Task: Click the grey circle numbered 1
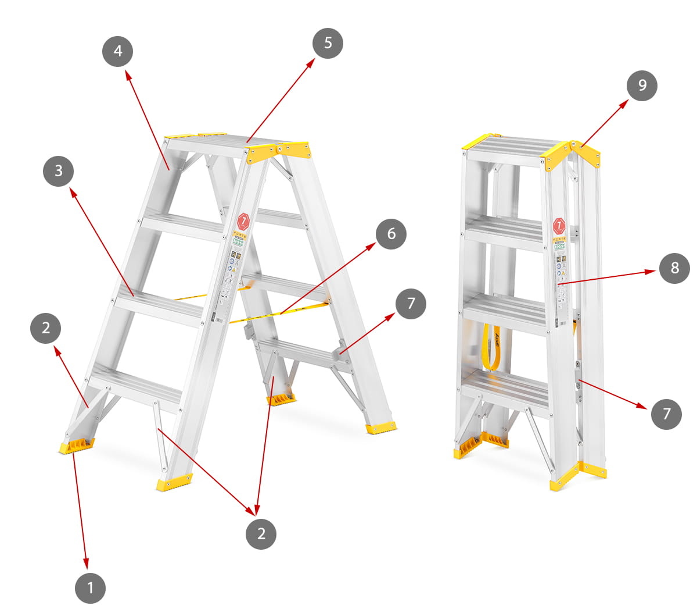[x=90, y=588]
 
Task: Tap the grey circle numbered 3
[x=58, y=171]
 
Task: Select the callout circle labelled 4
[x=118, y=51]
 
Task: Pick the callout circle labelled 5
[x=328, y=43]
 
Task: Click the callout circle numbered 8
[x=674, y=268]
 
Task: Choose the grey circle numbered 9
[x=642, y=86]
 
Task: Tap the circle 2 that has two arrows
[x=261, y=533]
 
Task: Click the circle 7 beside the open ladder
[x=411, y=304]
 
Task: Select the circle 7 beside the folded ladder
[x=666, y=414]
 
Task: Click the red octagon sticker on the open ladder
[x=243, y=221]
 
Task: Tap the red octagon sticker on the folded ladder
[x=559, y=225]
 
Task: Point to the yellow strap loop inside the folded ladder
[x=491, y=349]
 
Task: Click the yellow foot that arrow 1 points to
[x=76, y=447]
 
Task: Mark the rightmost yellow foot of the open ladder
[x=381, y=428]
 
